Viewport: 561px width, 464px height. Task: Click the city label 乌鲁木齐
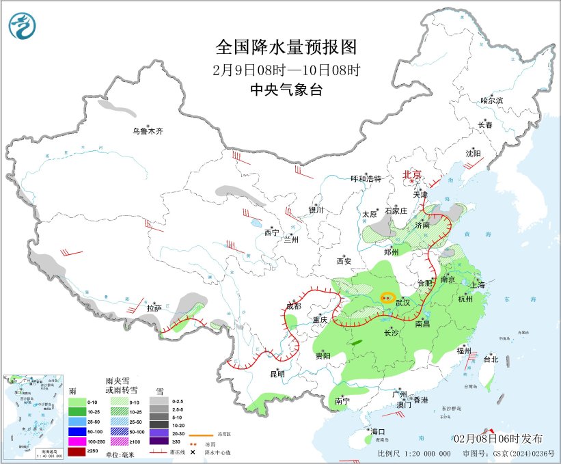(x=148, y=131)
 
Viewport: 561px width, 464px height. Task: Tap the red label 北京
(x=413, y=174)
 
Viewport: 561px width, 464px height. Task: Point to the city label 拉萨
(x=153, y=308)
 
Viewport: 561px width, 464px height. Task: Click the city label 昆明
(x=277, y=373)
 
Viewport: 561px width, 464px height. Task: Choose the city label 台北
(x=491, y=359)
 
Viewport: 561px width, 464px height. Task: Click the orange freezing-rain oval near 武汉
(x=387, y=298)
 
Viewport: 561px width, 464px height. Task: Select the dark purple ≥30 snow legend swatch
(x=159, y=443)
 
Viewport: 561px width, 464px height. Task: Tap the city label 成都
(x=293, y=305)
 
